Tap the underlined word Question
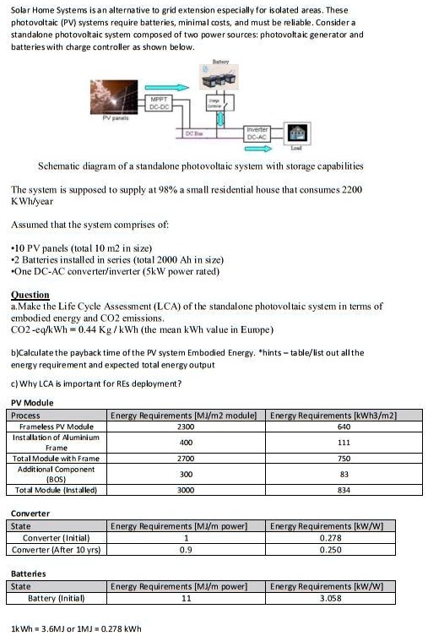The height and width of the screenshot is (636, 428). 30,295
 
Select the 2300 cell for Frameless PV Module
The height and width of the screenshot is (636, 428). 187,427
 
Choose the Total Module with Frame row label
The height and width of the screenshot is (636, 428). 57,457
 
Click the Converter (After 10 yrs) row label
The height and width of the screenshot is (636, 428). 57,549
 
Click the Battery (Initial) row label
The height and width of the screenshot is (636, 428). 57,597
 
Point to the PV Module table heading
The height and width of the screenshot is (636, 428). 32,403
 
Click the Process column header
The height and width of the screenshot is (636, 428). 25,416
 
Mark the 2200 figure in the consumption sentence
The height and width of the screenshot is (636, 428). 351,190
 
